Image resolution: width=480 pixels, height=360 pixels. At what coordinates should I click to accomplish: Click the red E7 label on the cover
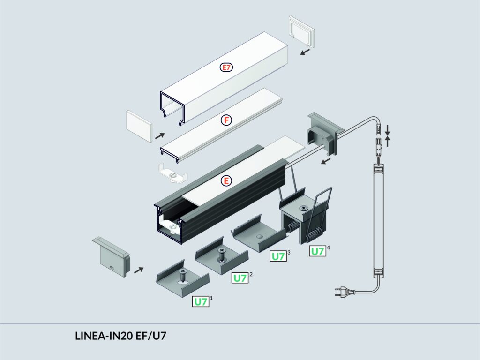[226, 67]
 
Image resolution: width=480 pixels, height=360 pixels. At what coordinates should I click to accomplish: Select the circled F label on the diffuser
[226, 120]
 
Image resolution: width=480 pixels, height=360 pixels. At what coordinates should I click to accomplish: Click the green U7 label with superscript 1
[201, 302]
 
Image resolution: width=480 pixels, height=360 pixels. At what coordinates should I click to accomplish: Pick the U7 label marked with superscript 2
[240, 278]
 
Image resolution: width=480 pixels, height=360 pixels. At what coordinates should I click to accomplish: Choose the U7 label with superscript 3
[278, 256]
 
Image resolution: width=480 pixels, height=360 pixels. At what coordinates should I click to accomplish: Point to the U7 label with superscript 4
[318, 251]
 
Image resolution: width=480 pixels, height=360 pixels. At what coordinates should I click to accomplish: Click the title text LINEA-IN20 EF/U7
[120, 336]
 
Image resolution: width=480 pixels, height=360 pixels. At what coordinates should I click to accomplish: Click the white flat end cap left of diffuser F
[139, 126]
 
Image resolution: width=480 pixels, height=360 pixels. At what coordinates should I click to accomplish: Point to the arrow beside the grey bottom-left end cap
[139, 270]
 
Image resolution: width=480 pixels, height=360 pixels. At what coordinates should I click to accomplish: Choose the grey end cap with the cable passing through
[323, 135]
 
